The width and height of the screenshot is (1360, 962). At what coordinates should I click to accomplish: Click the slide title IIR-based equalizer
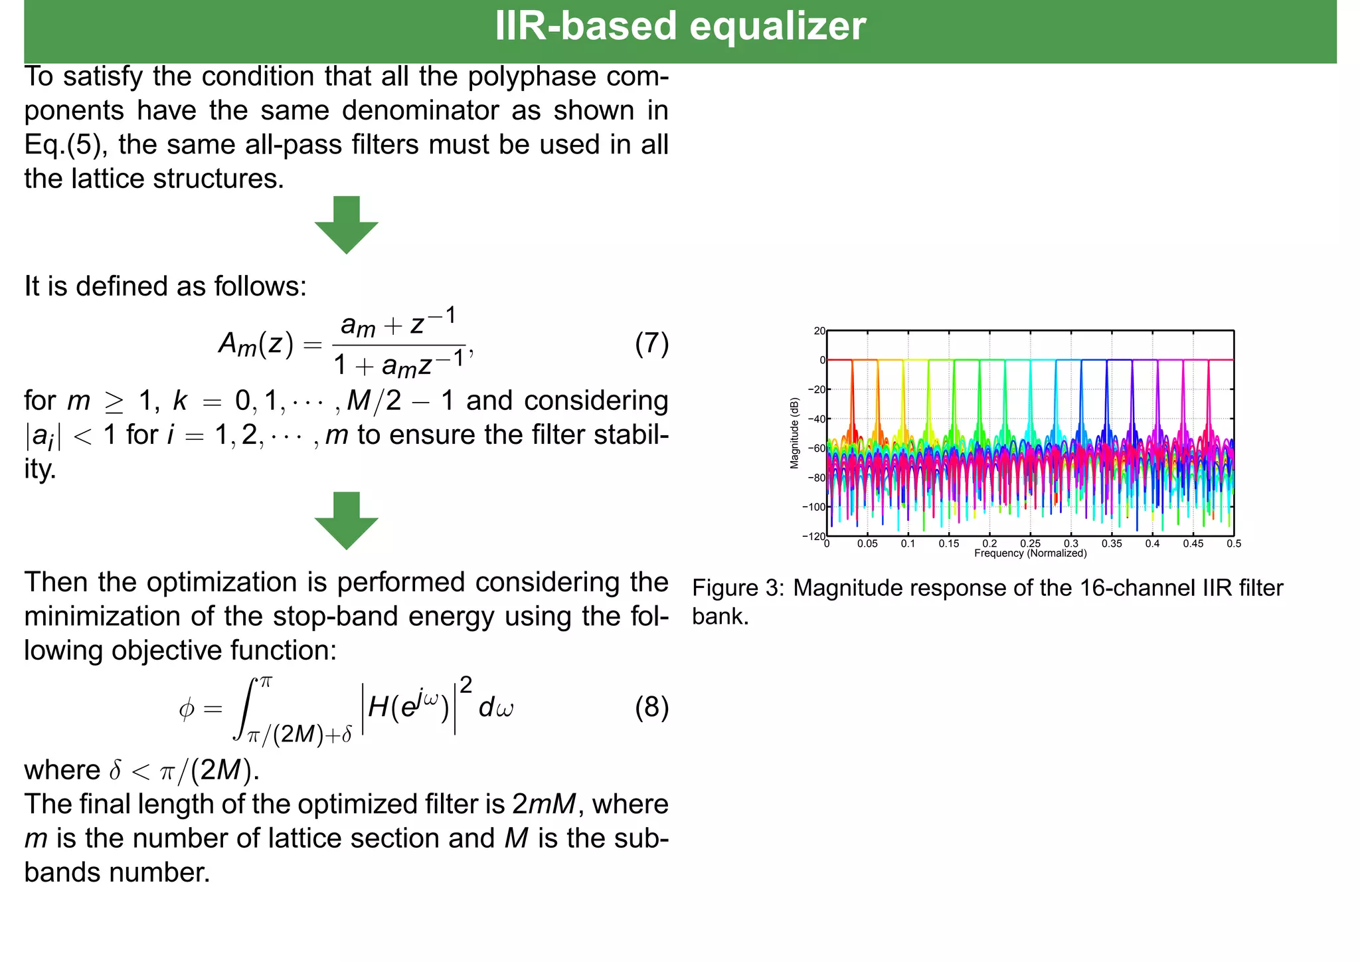(680, 27)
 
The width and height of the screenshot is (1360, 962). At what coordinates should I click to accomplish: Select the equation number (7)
(651, 344)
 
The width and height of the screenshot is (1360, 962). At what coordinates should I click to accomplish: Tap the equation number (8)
(651, 708)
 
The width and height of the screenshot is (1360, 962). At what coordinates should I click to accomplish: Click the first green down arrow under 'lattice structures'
(346, 225)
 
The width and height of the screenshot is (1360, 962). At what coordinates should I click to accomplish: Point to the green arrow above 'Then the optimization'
(346, 520)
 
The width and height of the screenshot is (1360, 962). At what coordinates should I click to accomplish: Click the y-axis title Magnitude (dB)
(794, 434)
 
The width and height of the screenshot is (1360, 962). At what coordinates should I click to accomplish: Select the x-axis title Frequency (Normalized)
(1030, 553)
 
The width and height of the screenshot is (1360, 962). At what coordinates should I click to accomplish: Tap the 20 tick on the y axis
(819, 331)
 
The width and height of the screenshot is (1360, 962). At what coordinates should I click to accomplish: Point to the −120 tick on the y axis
(814, 536)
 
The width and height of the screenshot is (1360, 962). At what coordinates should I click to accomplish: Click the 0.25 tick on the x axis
(1030, 543)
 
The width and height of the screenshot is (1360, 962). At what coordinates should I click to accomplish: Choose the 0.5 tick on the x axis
(1234, 543)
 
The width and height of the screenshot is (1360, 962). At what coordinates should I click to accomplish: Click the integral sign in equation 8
(244, 708)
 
